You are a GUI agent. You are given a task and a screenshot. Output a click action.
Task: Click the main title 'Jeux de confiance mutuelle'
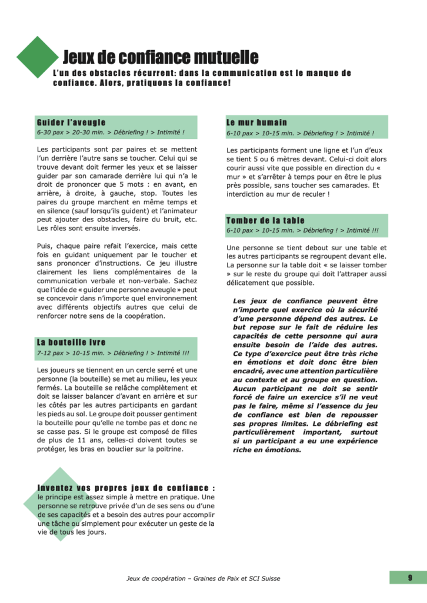coord(160,57)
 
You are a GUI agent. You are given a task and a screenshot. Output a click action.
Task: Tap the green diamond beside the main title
coord(38,57)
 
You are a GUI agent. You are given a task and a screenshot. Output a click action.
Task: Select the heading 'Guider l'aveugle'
coord(67,122)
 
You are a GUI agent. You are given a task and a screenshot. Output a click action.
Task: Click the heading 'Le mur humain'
coord(256,122)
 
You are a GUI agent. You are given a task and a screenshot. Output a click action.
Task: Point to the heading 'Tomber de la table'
coord(265,221)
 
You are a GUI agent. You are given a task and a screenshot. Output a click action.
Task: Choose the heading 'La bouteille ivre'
coord(71,342)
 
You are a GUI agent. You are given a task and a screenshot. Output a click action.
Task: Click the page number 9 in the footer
coord(409,578)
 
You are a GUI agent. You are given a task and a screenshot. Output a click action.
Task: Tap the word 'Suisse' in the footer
coord(268,578)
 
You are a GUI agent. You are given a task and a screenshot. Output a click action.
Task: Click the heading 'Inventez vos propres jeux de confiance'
coord(125,488)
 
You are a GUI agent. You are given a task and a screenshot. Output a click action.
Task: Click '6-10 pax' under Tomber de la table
coord(240,231)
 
